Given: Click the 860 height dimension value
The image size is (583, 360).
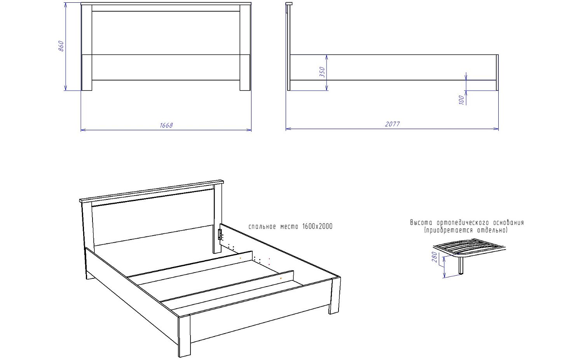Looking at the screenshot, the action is click(x=61, y=46).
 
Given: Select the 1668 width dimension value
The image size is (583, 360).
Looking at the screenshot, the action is click(x=166, y=126).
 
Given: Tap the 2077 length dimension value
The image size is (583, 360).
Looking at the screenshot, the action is click(x=393, y=124).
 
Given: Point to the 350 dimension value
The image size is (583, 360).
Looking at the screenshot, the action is click(x=322, y=72).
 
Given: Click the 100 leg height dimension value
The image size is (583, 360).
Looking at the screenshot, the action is click(x=461, y=100).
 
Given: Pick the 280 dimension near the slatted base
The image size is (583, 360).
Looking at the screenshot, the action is click(x=435, y=257).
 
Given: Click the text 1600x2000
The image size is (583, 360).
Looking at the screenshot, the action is click(x=318, y=227).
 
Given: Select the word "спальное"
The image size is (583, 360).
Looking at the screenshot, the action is click(x=262, y=227).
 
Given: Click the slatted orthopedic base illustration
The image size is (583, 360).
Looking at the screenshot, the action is click(x=469, y=247).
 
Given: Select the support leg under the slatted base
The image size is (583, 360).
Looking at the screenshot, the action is click(x=461, y=266).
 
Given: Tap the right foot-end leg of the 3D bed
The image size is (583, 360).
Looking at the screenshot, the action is click(x=335, y=296).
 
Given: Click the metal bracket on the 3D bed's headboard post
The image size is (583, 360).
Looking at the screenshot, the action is click(x=220, y=234).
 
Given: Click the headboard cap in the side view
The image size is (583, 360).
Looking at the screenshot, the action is click(x=289, y=4).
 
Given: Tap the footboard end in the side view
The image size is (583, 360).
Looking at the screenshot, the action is click(x=497, y=73).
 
